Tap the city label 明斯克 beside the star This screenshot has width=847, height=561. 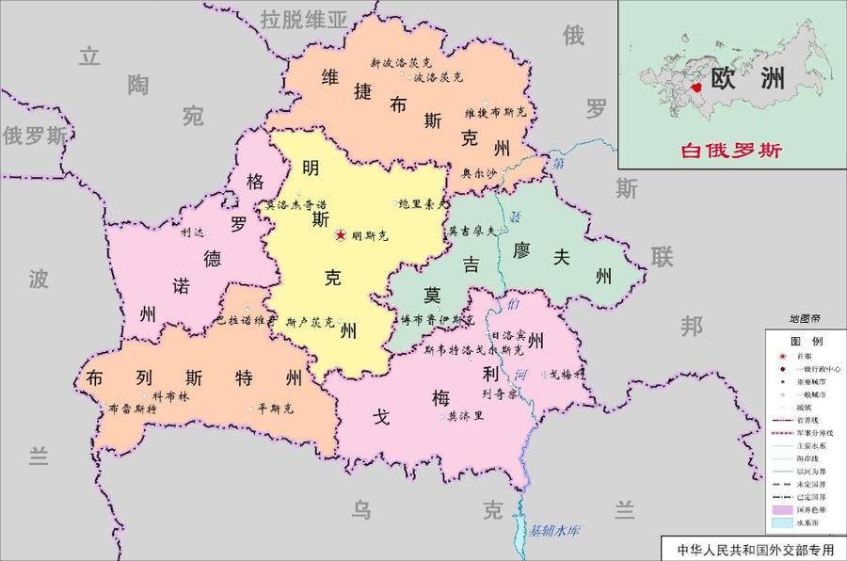click(368, 236)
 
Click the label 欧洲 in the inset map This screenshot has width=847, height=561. click(747, 78)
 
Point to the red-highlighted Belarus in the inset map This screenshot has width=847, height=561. click(696, 87)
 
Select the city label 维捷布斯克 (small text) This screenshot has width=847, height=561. click(495, 112)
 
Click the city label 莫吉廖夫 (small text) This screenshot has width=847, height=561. click(471, 229)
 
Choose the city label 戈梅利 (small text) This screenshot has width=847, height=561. click(567, 373)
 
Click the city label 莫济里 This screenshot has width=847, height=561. click(465, 415)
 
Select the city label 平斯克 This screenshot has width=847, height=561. click(276, 409)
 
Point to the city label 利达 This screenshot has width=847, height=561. click(192, 232)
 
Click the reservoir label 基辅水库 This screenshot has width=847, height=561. click(554, 530)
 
